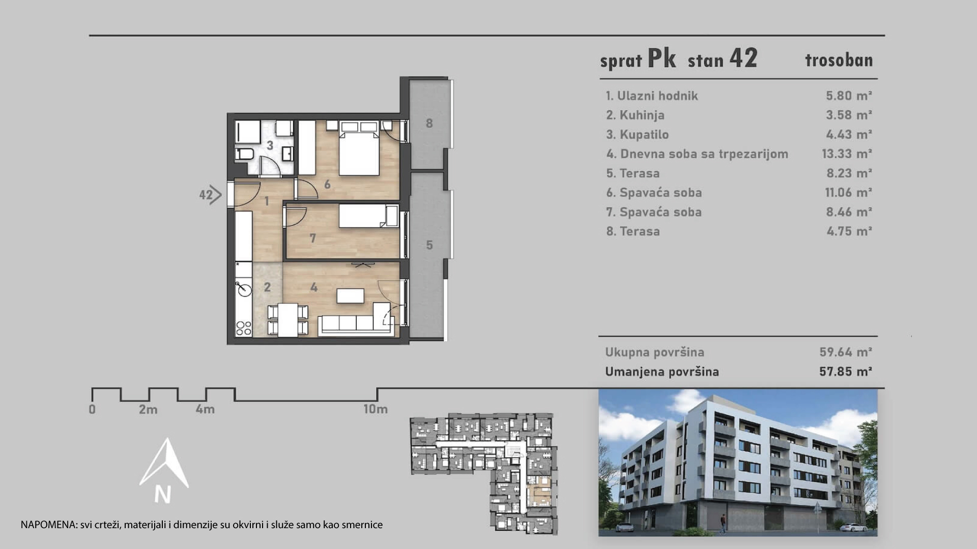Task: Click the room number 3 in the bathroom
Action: click(270, 145)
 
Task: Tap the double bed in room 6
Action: click(359, 148)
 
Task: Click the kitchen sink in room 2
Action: click(244, 288)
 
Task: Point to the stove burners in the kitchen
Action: click(244, 328)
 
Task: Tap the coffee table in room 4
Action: click(350, 295)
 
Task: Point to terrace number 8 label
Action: click(429, 123)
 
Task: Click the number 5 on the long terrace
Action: click(429, 245)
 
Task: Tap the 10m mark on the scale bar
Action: click(376, 409)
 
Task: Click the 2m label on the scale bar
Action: click(148, 409)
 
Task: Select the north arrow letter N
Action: click(163, 495)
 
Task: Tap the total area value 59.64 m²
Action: click(846, 352)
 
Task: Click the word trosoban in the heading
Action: click(839, 60)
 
